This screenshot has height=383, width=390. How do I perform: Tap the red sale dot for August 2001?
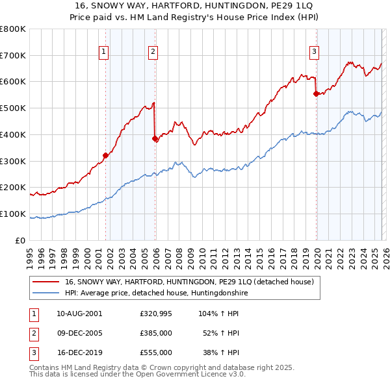(x=105, y=155)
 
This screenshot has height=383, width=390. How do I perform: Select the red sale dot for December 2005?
(x=155, y=138)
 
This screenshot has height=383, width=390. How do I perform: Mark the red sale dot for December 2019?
(x=316, y=93)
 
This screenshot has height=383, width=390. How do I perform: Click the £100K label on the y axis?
(x=13, y=214)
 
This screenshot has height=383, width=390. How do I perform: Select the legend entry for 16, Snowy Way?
(x=189, y=282)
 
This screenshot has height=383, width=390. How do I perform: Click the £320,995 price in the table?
(x=155, y=313)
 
